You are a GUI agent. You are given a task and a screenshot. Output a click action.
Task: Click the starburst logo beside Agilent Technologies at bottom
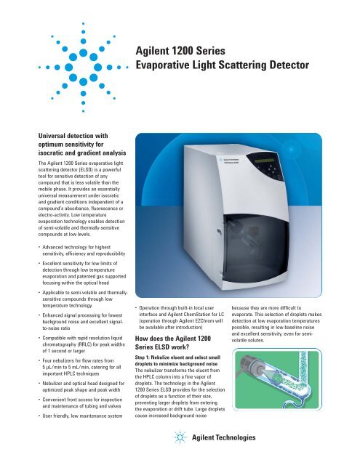click(x=180, y=438)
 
